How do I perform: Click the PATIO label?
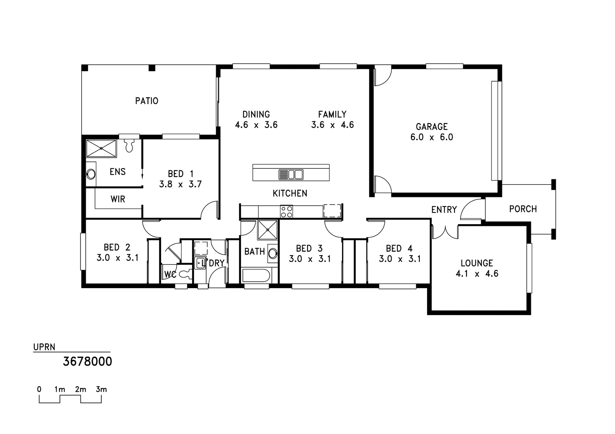pyautogui.click(x=147, y=101)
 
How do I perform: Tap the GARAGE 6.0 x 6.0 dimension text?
pyautogui.click(x=431, y=137)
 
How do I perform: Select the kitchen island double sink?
pyautogui.click(x=291, y=174)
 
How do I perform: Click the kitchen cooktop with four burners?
pyautogui.click(x=287, y=211)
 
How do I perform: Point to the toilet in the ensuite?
pyautogui.click(x=129, y=145)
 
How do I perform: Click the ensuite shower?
pyautogui.click(x=101, y=148)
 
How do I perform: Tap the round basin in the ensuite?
pyautogui.click(x=91, y=174)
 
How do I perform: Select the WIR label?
pyautogui.click(x=118, y=199)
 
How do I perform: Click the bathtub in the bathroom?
pyautogui.click(x=256, y=276)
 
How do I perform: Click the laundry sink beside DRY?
pyautogui.click(x=200, y=263)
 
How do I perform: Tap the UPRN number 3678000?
pyautogui.click(x=87, y=362)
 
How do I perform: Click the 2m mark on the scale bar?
pyautogui.click(x=80, y=389)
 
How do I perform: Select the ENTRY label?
pyautogui.click(x=444, y=210)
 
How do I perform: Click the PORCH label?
pyautogui.click(x=522, y=209)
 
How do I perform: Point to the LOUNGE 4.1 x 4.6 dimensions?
pyautogui.click(x=477, y=274)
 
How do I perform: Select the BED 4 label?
pyautogui.click(x=399, y=249)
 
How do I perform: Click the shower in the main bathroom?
pyautogui.click(x=268, y=231)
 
